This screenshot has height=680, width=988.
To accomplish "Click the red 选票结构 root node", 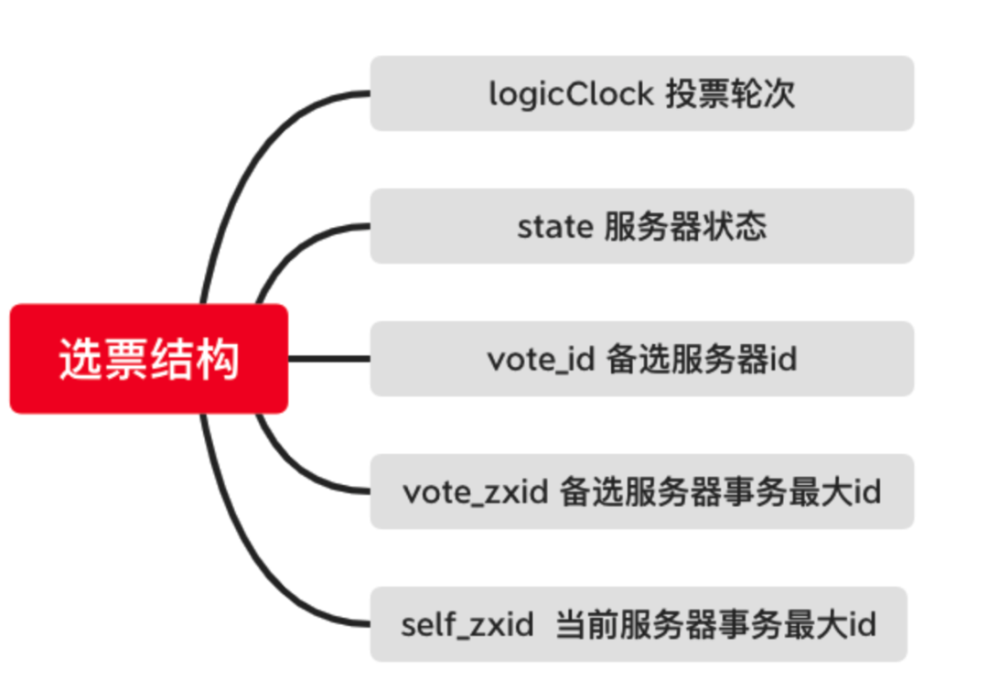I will coord(149,359).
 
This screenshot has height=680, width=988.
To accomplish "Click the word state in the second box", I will coord(554,226).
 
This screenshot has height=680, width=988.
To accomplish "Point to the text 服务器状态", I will coord(685,226).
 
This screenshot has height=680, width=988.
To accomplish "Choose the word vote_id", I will coord(541,359).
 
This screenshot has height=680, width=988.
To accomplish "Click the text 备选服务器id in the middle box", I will coord(702,359).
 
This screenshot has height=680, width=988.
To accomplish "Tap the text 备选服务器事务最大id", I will coord(720,491).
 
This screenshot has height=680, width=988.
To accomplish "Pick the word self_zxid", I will coord(467,625).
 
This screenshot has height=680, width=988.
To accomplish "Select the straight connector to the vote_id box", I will coord(329,359).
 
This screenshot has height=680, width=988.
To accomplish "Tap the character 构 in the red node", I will coord(219,359).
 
